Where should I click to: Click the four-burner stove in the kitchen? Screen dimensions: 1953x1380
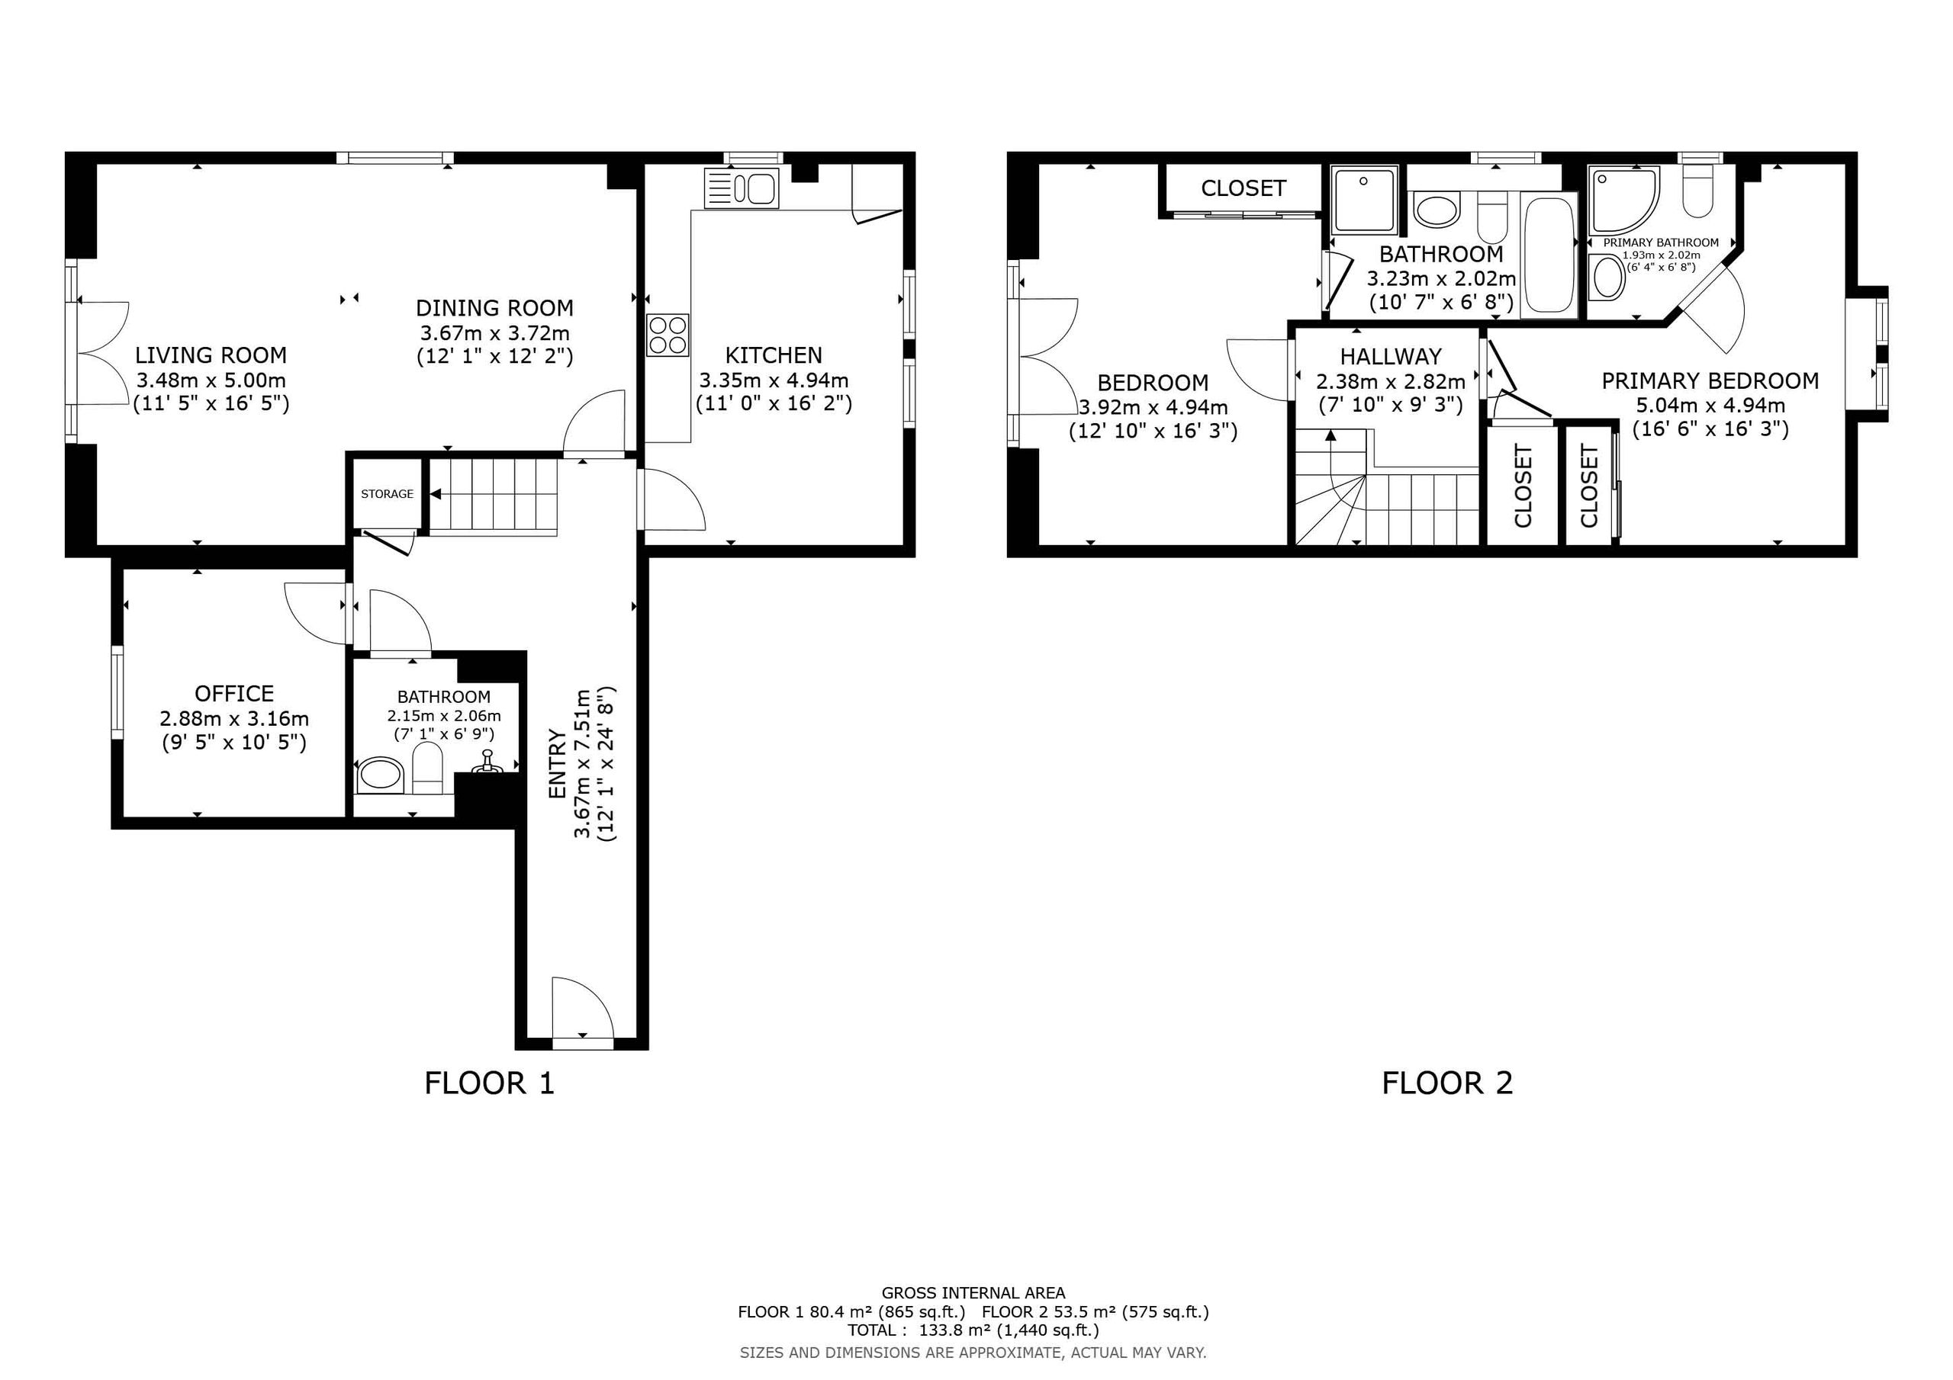[x=668, y=335]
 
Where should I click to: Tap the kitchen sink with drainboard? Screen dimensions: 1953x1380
[x=741, y=188]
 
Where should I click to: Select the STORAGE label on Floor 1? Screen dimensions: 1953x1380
[x=387, y=494]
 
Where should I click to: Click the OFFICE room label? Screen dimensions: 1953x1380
[x=235, y=694]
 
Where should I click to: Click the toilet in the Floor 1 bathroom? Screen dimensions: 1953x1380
[x=427, y=768]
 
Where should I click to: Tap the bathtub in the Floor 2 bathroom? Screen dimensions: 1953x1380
[x=1549, y=254]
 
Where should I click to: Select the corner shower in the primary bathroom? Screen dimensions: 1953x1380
[x=1625, y=200]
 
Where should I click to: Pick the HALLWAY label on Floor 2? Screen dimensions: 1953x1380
[x=1391, y=356]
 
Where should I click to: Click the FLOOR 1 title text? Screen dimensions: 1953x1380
[x=489, y=1083]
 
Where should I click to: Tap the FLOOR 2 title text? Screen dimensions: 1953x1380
[x=1448, y=1083]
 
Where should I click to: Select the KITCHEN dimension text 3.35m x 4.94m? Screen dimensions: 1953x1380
[x=774, y=380]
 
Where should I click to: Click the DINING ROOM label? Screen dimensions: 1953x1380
[x=494, y=308]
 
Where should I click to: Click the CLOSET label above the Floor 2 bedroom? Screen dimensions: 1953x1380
[x=1244, y=188]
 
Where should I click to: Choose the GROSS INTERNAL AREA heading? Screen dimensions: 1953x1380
[x=973, y=1293]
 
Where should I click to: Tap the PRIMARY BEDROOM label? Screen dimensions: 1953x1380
[x=1710, y=381]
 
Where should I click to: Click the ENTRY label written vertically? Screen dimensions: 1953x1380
[x=557, y=763]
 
